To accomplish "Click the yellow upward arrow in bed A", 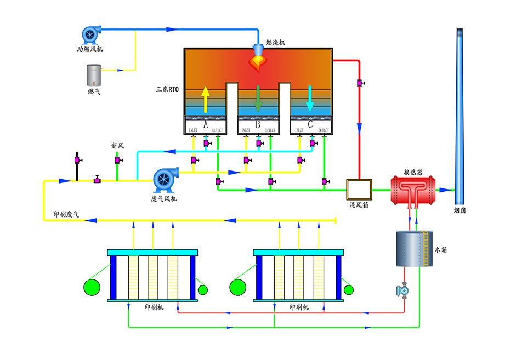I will coord(205,99).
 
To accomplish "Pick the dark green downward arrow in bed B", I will coord(258,99).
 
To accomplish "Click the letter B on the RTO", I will coord(258,124).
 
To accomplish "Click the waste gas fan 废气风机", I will coord(163,179).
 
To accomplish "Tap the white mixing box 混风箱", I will coord(359,190).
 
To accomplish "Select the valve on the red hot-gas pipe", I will coord(360,83).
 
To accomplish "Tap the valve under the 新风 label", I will coord(117,160).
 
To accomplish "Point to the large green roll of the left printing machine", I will coord(92,287).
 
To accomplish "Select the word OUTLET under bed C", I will coord(323,130).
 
